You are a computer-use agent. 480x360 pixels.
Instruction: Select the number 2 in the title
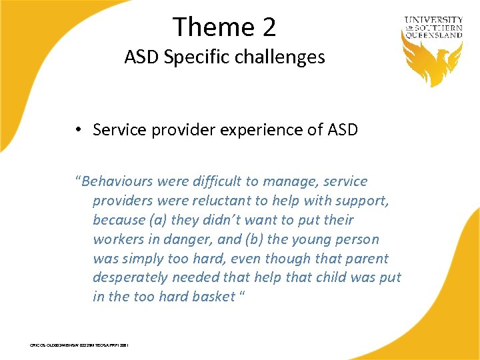(x=268, y=27)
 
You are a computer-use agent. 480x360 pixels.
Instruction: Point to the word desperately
(x=132, y=278)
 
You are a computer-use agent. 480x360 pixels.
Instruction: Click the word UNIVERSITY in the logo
(x=433, y=21)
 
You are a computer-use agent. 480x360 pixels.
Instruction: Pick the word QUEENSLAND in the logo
(x=433, y=36)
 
